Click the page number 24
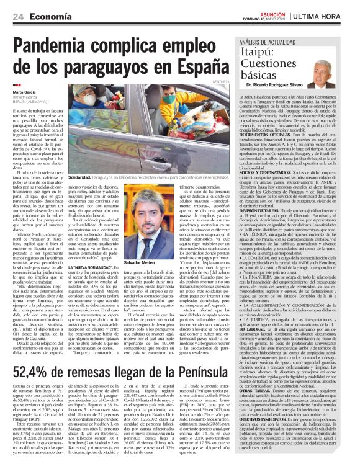pos(19,16)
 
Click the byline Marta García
pos(24,92)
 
